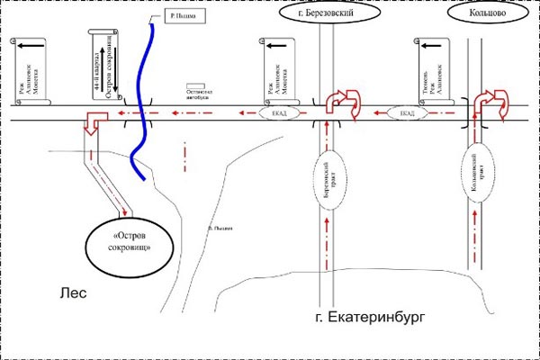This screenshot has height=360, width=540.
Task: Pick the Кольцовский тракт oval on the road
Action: click(x=478, y=171)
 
